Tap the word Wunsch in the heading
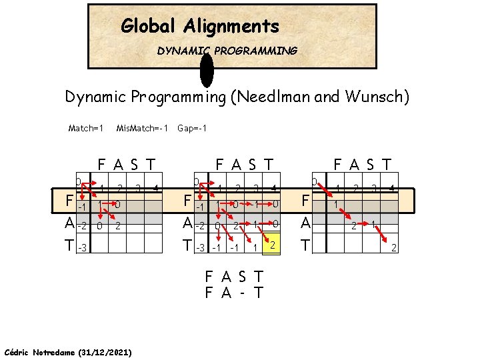377,97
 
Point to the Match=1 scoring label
87,127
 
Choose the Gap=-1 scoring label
192,127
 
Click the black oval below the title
207,69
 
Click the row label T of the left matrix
69,247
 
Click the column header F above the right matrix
339,164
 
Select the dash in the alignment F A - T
242,292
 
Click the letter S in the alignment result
242,276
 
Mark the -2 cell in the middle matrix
201,226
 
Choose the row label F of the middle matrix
188,201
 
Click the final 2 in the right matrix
394,248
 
